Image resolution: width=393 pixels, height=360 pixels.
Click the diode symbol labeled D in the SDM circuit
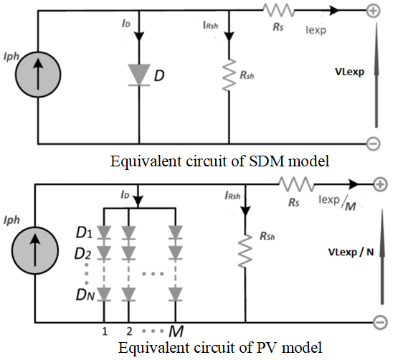click(x=139, y=75)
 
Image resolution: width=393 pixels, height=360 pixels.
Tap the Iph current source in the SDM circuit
click(x=38, y=75)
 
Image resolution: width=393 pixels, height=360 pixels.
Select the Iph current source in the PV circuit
click(x=35, y=250)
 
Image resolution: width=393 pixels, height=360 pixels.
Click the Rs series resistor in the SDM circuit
click(x=278, y=11)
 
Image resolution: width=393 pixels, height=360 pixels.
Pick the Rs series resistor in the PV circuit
click(x=296, y=184)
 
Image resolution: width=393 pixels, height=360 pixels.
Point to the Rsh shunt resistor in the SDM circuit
click(x=229, y=75)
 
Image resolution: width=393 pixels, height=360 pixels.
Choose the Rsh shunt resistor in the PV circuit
click(x=245, y=251)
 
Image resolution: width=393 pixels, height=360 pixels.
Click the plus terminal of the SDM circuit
click(x=374, y=11)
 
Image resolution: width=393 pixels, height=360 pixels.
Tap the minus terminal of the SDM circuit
click(x=374, y=143)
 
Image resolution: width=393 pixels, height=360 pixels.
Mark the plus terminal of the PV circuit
click(x=381, y=184)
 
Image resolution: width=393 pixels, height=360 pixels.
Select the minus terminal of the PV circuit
click(x=381, y=323)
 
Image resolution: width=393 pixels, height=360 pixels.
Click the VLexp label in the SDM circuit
click(x=350, y=72)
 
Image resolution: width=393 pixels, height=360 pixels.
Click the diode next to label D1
click(x=104, y=232)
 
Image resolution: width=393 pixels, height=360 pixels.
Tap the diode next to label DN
click(x=104, y=294)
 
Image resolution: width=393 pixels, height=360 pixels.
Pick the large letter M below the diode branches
click(x=176, y=331)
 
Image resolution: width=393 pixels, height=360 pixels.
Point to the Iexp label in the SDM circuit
click(x=316, y=30)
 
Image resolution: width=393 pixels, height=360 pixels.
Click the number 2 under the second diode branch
click(x=129, y=331)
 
